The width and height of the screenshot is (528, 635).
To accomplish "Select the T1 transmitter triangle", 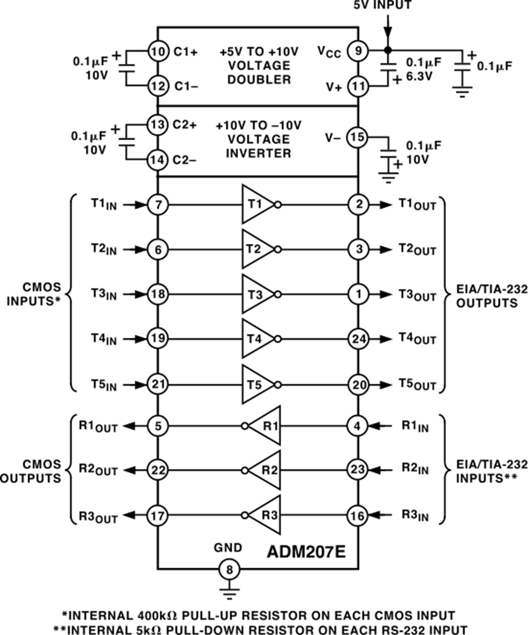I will pyautogui.click(x=257, y=205).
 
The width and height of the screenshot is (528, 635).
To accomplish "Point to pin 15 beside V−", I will pyautogui.click(x=358, y=138).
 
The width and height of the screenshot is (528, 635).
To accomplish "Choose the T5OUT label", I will pyautogui.click(x=417, y=385).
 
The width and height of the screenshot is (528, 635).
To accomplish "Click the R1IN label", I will pyautogui.click(x=415, y=426).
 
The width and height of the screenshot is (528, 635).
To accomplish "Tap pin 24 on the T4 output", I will pyautogui.click(x=358, y=339).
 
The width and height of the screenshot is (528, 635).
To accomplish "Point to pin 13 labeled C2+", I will pyautogui.click(x=157, y=125).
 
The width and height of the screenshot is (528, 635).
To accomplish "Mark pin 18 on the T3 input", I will pyautogui.click(x=157, y=294).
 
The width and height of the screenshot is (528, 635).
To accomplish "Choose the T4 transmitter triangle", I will pyautogui.click(x=257, y=339).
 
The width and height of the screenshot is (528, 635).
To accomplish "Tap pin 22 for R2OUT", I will pyautogui.click(x=157, y=470).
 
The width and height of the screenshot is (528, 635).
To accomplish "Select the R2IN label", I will pyautogui.click(x=415, y=470).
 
